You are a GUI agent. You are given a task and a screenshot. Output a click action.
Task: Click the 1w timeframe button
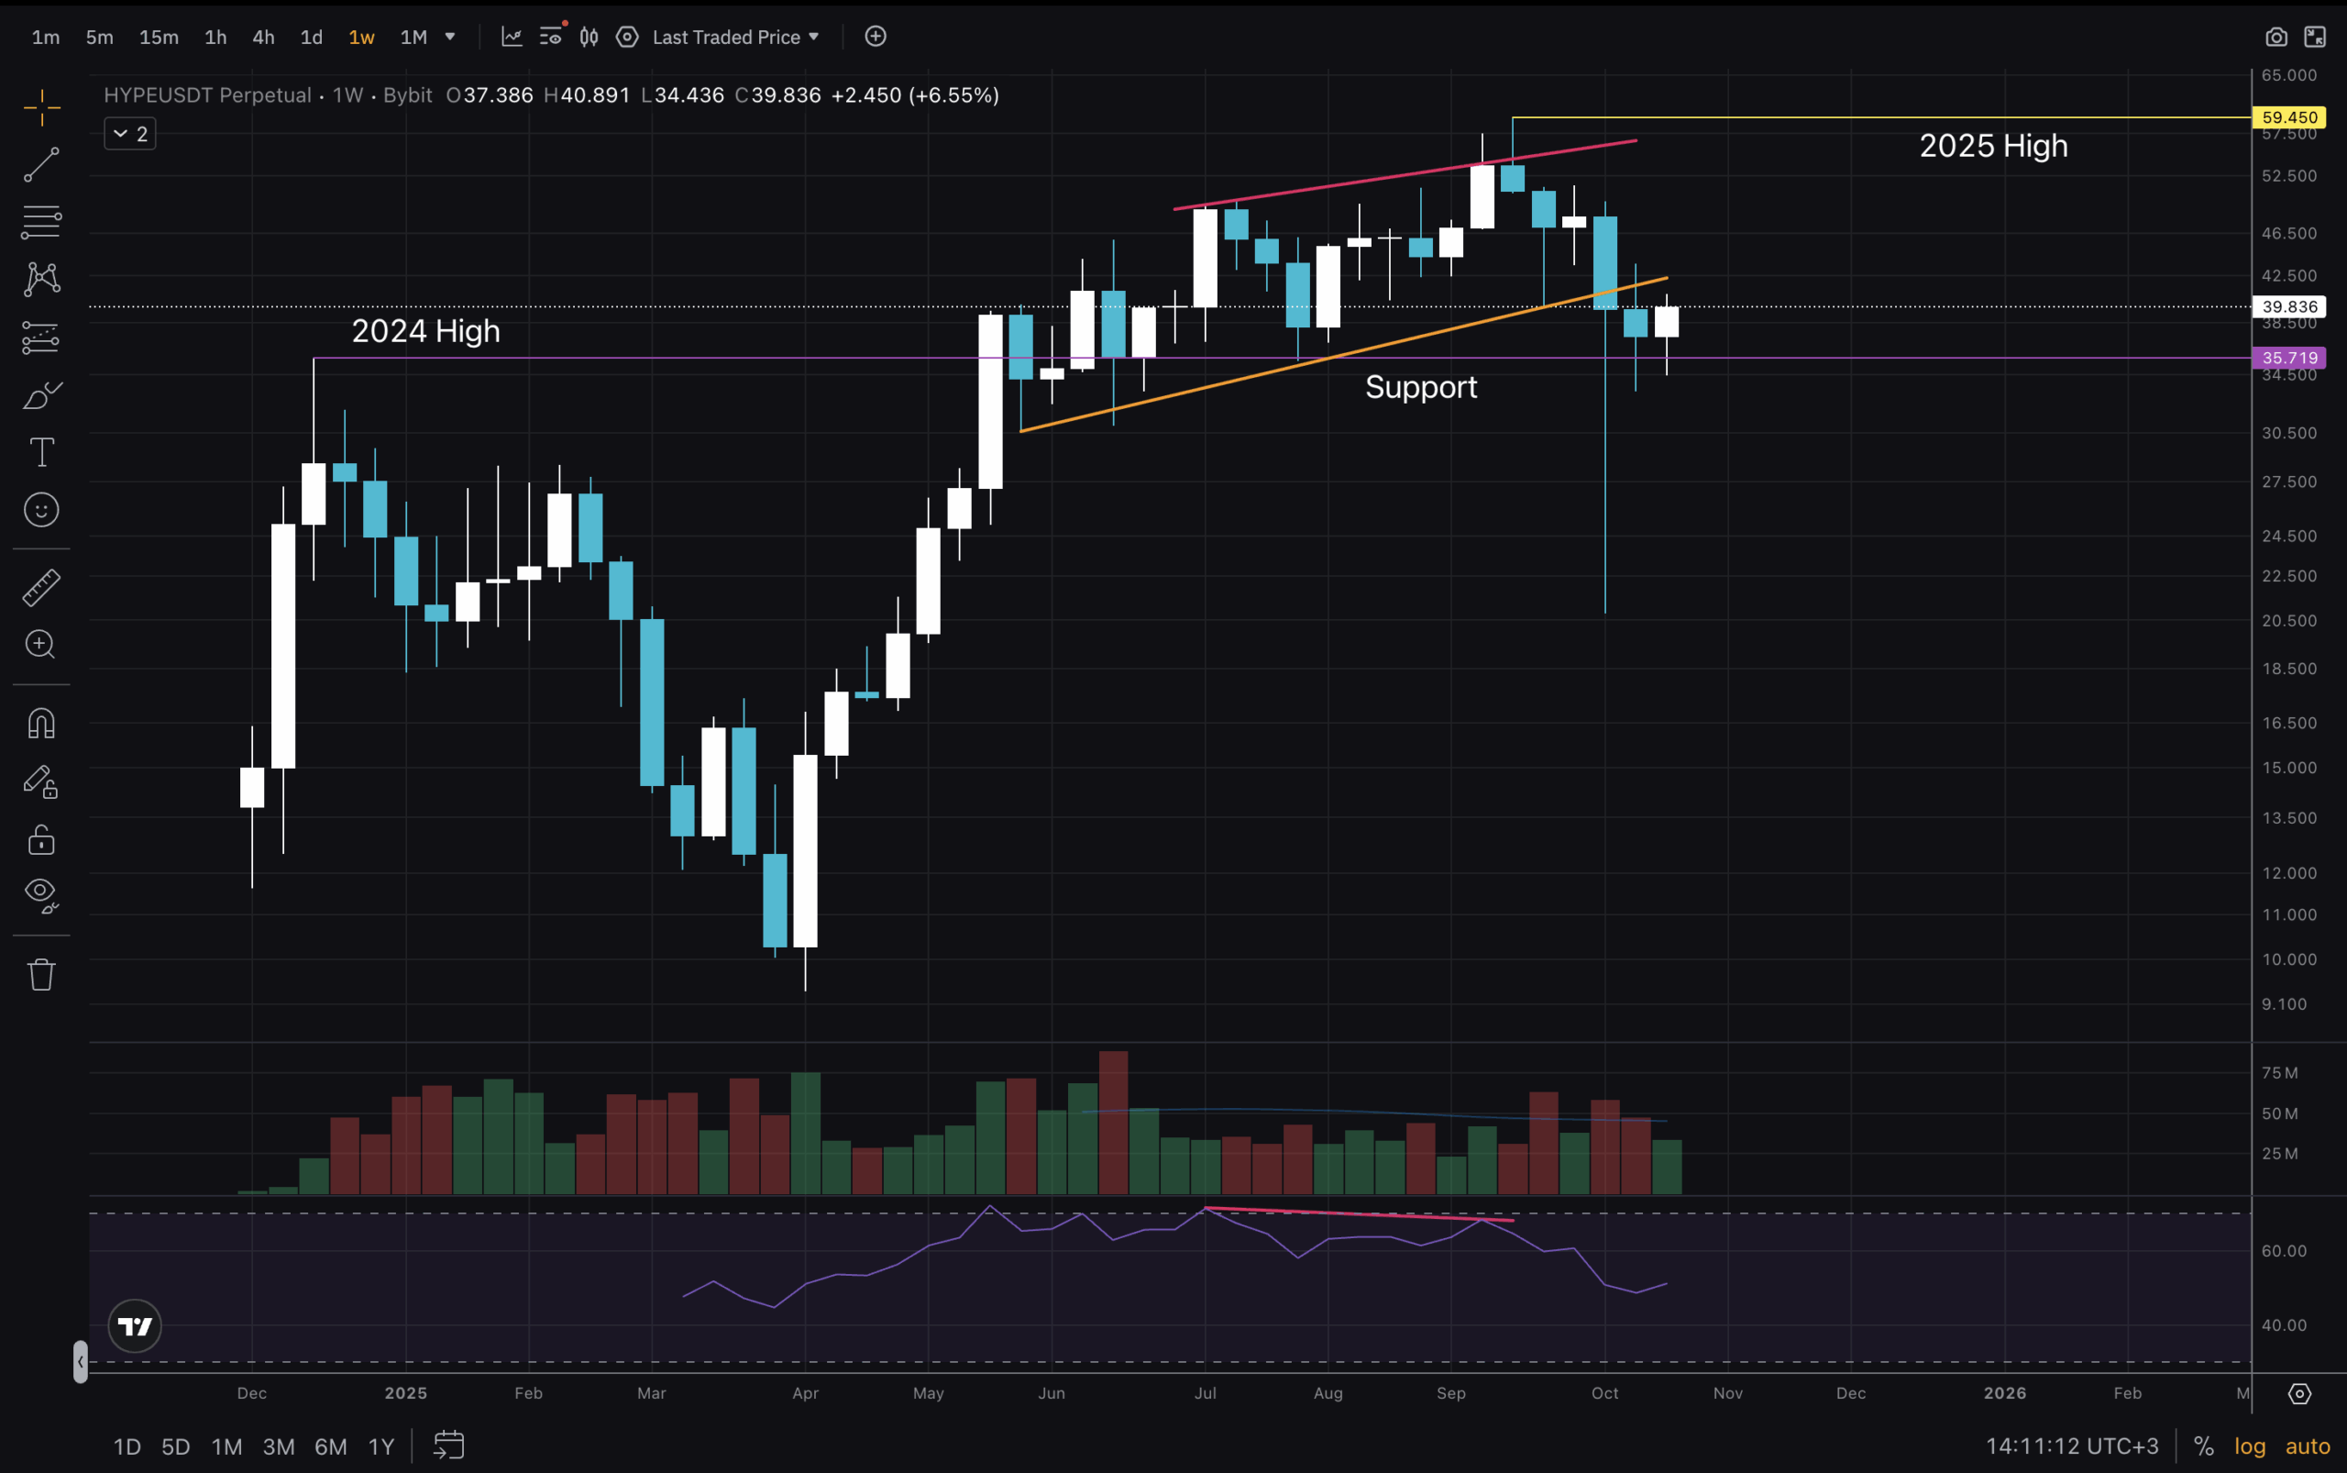point(361,37)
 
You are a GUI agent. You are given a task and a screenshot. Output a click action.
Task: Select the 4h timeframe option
point(263,37)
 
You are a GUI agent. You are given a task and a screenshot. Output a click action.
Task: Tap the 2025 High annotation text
point(1992,146)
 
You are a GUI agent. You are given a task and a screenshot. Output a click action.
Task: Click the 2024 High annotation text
point(425,331)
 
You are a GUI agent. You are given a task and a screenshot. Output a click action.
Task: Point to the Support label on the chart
point(1420,388)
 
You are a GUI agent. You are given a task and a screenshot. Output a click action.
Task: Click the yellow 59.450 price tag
point(2288,116)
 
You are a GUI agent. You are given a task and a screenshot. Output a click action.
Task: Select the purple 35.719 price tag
point(2288,358)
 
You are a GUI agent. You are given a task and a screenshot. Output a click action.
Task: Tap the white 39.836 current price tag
point(2288,307)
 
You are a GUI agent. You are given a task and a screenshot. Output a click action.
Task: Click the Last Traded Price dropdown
point(735,37)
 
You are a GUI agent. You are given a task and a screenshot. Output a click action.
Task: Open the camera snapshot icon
point(2275,37)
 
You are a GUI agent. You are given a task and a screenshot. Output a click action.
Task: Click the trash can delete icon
point(41,974)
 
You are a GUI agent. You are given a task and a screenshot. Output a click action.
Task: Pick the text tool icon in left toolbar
point(41,452)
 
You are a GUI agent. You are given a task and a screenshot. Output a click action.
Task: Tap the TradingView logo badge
point(135,1326)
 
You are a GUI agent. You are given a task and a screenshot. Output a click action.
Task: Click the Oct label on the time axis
point(1604,1393)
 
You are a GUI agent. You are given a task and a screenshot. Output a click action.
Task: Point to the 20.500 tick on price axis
point(2288,621)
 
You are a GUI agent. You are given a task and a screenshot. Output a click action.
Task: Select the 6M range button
point(330,1446)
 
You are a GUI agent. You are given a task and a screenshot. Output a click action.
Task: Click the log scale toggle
point(2250,1446)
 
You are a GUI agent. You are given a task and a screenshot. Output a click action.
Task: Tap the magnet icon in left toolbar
point(41,724)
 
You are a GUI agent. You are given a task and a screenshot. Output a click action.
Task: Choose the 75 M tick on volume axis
point(2279,1072)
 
